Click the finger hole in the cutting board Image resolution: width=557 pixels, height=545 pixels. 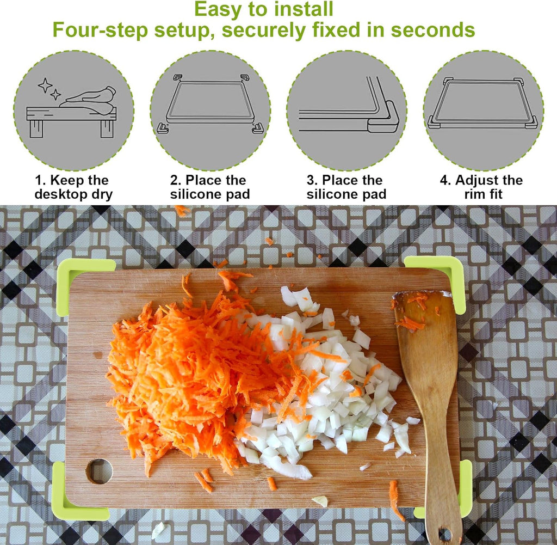(x=99, y=471)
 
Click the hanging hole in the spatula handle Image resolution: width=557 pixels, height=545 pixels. (x=445, y=534)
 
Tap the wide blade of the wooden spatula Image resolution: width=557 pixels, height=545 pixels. (x=427, y=338)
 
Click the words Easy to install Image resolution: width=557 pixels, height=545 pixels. (x=263, y=10)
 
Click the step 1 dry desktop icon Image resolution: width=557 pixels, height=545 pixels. (x=73, y=111)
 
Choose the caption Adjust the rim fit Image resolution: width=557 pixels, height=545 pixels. (x=481, y=187)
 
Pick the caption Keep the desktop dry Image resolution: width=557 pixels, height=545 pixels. (x=73, y=187)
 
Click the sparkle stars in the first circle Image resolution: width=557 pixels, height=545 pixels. (x=47, y=88)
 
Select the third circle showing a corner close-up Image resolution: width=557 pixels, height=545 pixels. (x=346, y=111)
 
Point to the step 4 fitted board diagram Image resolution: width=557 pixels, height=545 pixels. (x=483, y=111)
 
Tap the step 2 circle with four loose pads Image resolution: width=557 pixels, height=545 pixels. (x=210, y=111)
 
